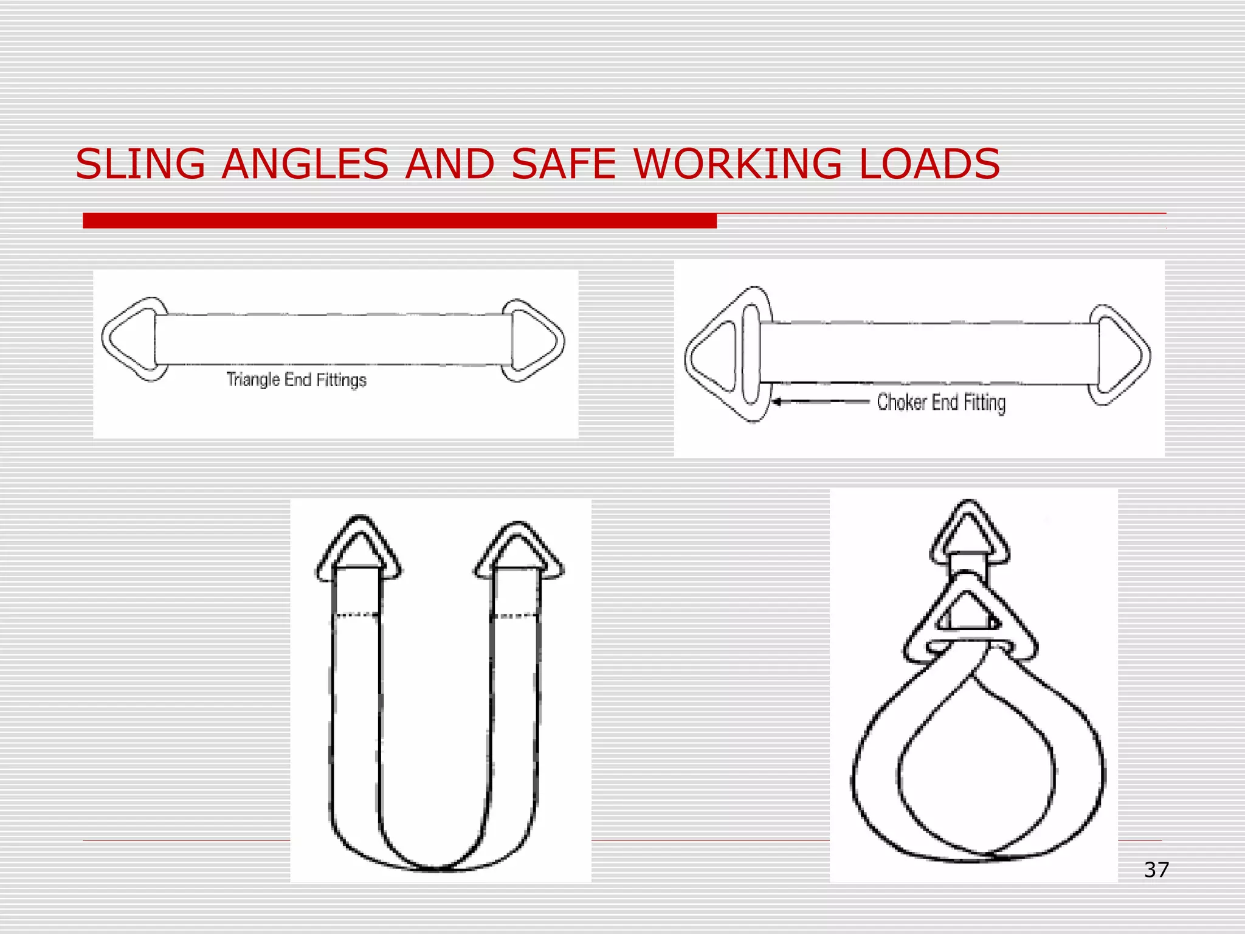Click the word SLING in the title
click(140, 164)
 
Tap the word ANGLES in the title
click(305, 164)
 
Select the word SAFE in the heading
click(564, 164)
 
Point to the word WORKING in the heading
click(737, 164)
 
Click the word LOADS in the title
click(929, 164)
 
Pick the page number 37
click(1156, 870)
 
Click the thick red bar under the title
click(399, 221)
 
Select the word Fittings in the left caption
click(341, 380)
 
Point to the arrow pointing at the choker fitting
click(821, 401)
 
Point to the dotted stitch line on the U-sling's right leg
click(516, 617)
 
